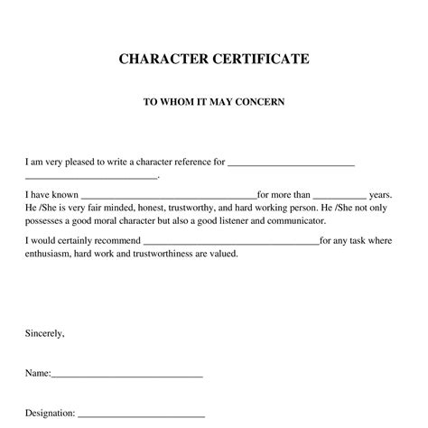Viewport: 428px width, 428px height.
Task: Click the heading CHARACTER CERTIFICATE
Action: pyautogui.click(x=214, y=60)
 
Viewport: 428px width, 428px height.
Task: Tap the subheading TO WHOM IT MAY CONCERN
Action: pyautogui.click(x=214, y=102)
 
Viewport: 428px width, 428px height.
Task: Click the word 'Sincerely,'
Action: pyautogui.click(x=45, y=333)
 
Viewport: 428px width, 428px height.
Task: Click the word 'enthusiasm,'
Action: pyautogui.click(x=51, y=254)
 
